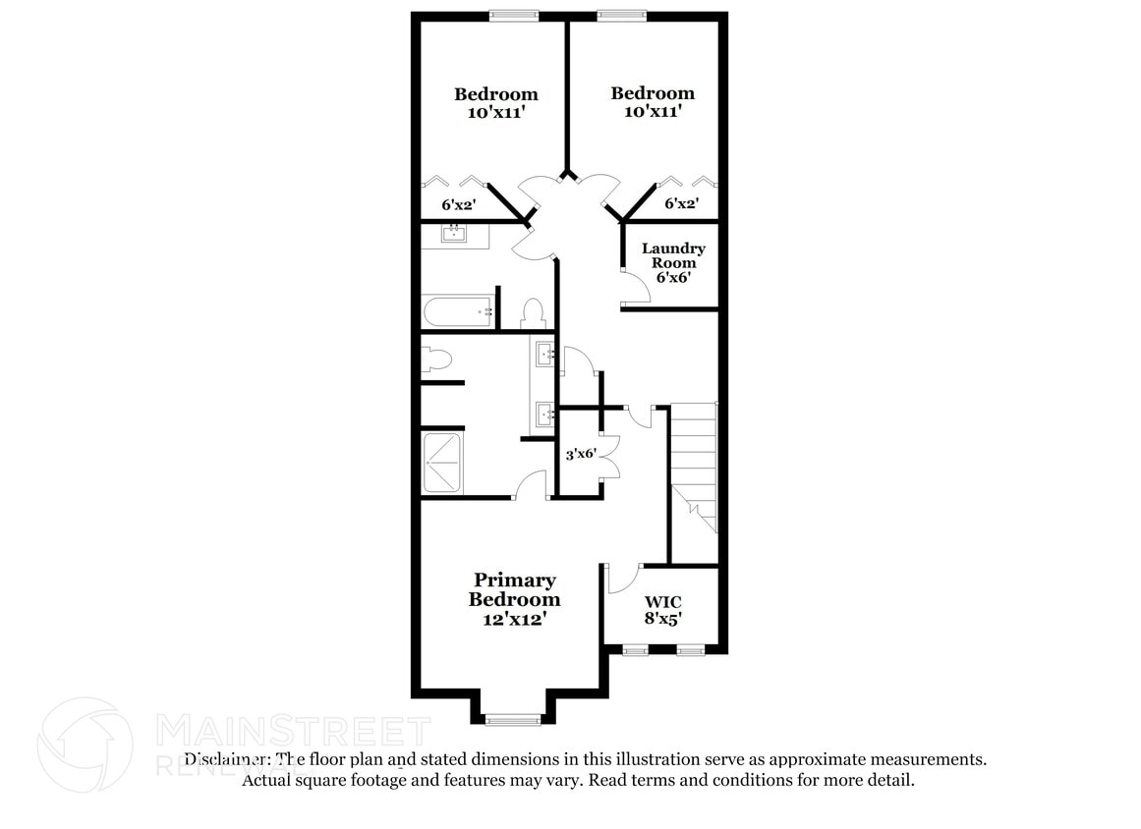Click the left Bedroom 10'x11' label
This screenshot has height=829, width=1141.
pos(495,103)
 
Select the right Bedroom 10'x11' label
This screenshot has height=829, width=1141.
pos(653,102)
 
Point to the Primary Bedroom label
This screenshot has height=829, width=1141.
pos(514,599)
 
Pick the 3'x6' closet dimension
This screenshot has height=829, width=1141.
pos(581,454)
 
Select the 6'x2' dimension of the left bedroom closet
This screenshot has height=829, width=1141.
pos(459,205)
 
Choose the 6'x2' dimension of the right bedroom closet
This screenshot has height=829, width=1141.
pos(682,204)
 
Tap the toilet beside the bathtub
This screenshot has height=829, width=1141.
pos(533,313)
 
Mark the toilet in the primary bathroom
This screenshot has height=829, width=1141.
pos(433,359)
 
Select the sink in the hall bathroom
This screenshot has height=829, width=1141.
pos(454,234)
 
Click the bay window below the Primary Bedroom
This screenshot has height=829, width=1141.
pos(513,720)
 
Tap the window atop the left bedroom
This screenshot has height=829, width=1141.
pos(514,15)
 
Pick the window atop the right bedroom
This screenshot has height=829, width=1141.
pos(621,15)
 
